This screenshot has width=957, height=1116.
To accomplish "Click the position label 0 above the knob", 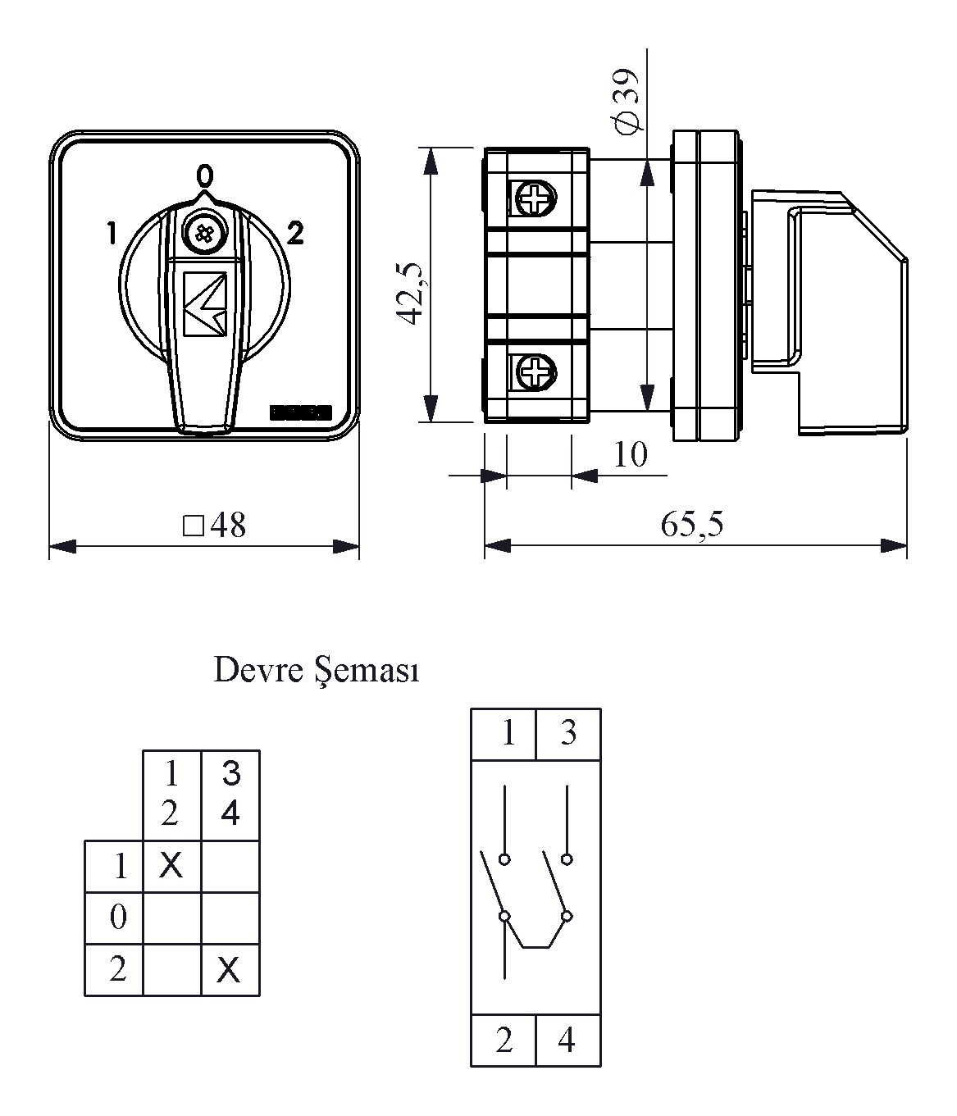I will (204, 175).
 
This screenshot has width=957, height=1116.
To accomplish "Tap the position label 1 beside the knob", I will (111, 234).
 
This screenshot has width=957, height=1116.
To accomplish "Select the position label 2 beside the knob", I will (295, 234).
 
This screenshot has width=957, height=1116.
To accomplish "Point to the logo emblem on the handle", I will (205, 304).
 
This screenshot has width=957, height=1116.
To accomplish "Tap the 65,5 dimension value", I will (692, 524).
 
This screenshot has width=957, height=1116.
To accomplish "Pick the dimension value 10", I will (630, 454).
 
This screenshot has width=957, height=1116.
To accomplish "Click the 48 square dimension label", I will (215, 526).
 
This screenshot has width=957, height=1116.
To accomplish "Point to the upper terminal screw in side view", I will (535, 198).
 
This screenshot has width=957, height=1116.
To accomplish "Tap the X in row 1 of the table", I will (171, 864).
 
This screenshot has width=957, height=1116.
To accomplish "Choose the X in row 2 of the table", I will (230, 971).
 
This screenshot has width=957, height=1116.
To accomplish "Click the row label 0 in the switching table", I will (118, 917).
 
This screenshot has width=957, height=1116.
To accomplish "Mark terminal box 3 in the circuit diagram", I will (568, 732).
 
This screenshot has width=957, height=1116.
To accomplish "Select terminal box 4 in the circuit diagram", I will (567, 1041).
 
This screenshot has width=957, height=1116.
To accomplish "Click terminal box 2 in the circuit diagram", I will (504, 1041).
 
